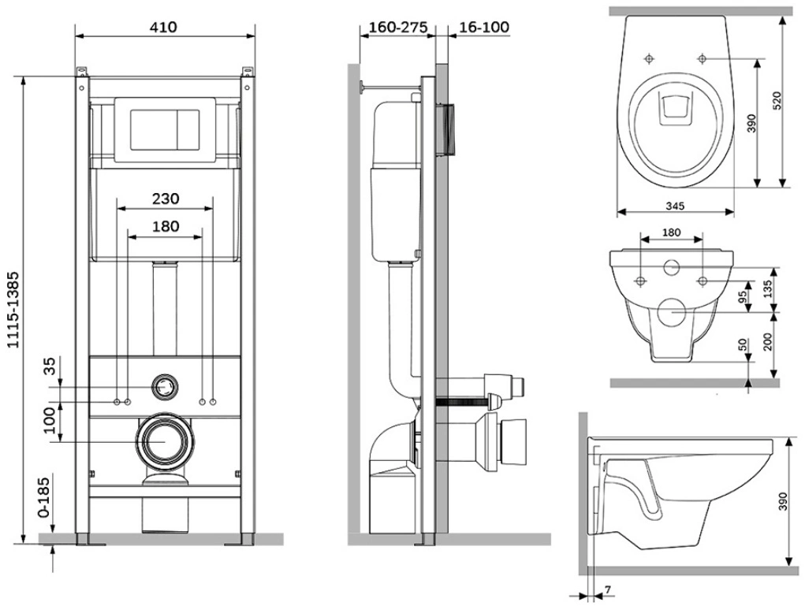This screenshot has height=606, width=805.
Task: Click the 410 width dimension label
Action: (x=166, y=27)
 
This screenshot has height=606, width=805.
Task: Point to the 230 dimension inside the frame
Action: (x=166, y=199)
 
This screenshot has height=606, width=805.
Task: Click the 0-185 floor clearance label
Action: (x=47, y=499)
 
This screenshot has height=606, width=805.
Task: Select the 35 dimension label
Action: (x=49, y=368)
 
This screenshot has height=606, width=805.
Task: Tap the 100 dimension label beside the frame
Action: (x=49, y=421)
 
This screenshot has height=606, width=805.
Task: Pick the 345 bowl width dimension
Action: (x=674, y=206)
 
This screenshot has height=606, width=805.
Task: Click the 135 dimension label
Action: (x=767, y=288)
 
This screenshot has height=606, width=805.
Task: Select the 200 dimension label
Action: (x=767, y=344)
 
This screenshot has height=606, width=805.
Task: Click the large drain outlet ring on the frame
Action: (x=166, y=441)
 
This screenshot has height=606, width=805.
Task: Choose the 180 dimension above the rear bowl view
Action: (x=671, y=233)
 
